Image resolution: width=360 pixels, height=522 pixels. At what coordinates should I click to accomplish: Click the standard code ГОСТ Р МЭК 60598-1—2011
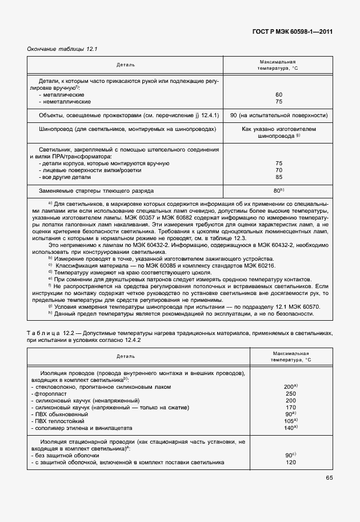tap(292, 33)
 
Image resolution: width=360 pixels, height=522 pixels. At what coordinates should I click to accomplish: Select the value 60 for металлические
tap(279, 94)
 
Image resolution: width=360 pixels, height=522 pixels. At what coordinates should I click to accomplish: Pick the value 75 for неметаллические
tap(279, 101)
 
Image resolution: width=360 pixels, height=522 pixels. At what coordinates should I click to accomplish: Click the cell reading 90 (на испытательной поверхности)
tap(278, 115)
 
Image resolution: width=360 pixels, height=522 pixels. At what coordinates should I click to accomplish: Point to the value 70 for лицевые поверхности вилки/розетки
tap(279, 170)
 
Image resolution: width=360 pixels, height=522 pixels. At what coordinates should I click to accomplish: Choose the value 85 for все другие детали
tap(279, 177)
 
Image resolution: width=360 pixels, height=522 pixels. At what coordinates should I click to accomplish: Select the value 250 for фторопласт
tap(290, 393)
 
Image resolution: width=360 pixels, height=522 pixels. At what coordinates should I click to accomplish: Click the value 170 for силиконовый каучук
tap(290, 407)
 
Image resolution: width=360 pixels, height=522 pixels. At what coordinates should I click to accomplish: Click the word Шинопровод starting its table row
tap(55, 130)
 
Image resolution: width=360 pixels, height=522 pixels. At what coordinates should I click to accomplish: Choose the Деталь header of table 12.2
tap(126, 356)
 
